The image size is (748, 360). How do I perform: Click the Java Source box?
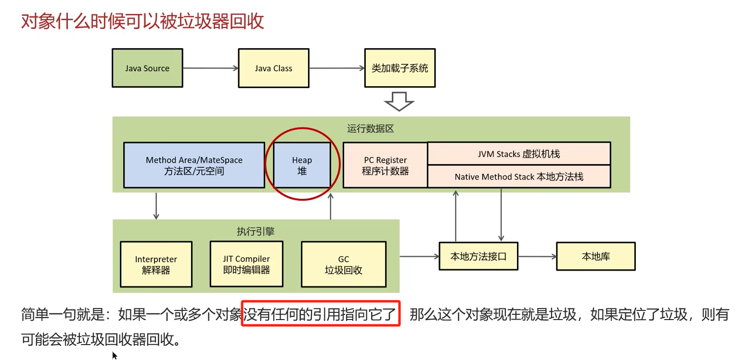(147, 68)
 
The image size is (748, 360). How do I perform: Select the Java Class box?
(273, 68)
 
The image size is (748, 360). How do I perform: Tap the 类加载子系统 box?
(400, 68)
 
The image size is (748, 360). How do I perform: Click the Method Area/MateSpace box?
(194, 165)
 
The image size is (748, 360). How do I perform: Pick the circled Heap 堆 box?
(302, 165)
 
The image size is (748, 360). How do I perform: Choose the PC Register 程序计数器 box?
(385, 165)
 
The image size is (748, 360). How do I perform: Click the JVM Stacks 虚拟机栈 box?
(519, 154)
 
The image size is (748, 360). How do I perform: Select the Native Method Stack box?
(519, 177)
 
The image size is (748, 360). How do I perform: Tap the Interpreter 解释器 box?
(156, 265)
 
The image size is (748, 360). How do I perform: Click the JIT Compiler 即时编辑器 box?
(246, 264)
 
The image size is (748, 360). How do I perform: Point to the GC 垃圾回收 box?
(343, 264)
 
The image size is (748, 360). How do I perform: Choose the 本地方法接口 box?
(478, 256)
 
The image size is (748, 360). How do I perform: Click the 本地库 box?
(595, 256)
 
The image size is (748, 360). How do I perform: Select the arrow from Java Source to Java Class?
(210, 68)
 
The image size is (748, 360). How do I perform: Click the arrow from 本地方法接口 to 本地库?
(537, 257)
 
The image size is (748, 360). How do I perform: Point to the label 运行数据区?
(371, 129)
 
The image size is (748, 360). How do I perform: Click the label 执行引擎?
(256, 231)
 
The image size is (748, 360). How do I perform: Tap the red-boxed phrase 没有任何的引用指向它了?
(321, 315)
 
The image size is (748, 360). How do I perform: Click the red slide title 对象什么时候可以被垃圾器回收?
(142, 22)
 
